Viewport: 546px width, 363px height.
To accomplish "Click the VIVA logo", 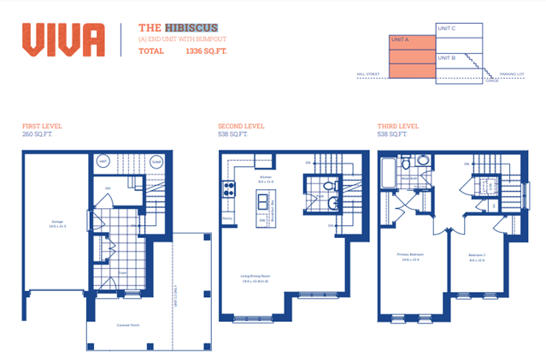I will tap(63, 39).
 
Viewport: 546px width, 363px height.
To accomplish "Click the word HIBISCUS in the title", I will tap(189, 27).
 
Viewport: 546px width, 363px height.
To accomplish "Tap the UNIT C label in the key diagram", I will tap(446, 28).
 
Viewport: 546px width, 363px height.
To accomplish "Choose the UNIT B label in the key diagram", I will tap(446, 57).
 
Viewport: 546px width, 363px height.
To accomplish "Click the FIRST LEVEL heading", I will tap(42, 126).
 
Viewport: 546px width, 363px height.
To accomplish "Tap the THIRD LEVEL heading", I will tap(398, 126).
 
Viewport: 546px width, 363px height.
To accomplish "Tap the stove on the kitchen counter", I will tap(228, 190).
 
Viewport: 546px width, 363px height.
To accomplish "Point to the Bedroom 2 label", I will tap(477, 254).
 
